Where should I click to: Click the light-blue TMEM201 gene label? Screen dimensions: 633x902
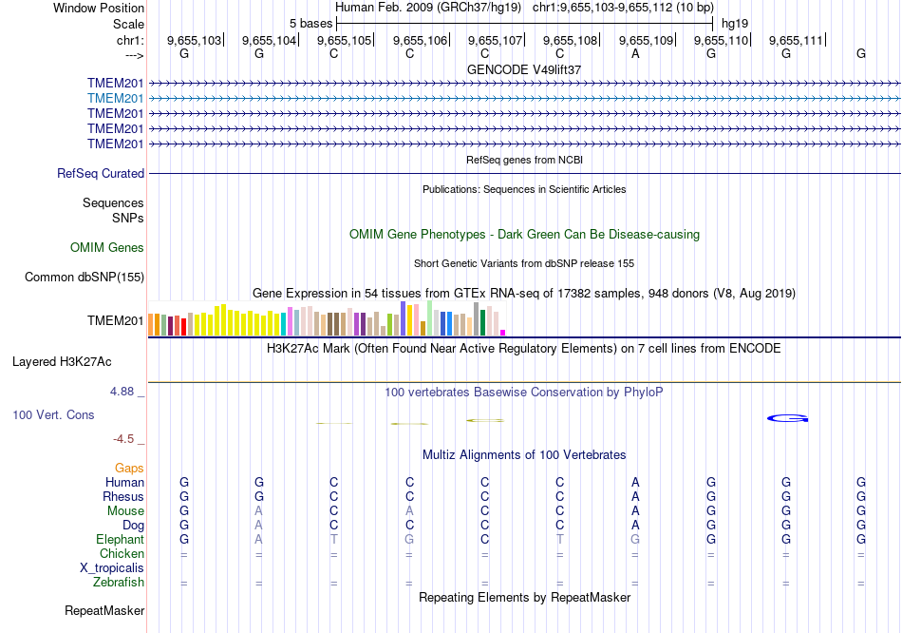point(116,98)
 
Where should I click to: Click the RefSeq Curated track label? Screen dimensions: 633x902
point(101,174)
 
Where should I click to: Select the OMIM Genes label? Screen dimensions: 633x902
point(107,248)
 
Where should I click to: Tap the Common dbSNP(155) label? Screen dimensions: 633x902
point(85,278)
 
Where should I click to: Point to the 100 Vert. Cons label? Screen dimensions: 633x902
point(53,415)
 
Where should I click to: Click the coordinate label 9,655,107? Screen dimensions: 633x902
point(495,41)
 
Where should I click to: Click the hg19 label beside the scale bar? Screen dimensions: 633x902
point(734,22)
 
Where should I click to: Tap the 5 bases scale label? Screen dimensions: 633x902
point(311,22)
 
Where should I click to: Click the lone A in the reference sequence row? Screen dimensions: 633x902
point(635,54)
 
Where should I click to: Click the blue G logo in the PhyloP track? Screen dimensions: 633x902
point(787,417)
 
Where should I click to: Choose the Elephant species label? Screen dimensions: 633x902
point(121,539)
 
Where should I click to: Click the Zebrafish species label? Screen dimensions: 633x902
point(120,582)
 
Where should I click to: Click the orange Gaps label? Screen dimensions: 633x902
point(129,468)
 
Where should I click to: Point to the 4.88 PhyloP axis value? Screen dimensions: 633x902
point(124,391)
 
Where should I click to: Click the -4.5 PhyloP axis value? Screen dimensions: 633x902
point(124,439)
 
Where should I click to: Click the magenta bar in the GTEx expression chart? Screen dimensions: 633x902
point(502,333)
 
